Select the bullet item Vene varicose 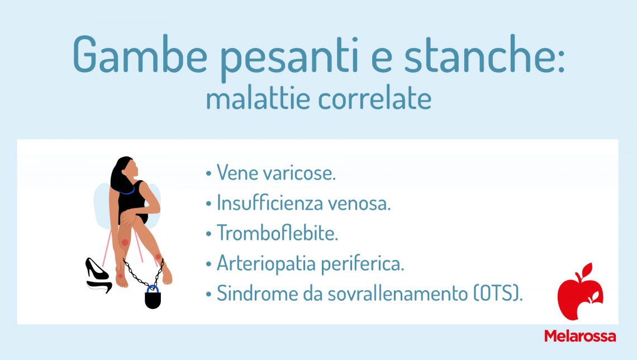[x=276, y=173]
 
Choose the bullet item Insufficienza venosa [x=303, y=203]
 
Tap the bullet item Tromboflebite [x=277, y=234]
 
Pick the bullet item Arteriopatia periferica [x=310, y=264]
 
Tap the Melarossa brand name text [x=579, y=336]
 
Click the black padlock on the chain [x=153, y=299]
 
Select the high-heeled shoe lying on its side [x=99, y=287]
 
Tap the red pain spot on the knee [x=125, y=243]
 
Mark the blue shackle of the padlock [x=152, y=288]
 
